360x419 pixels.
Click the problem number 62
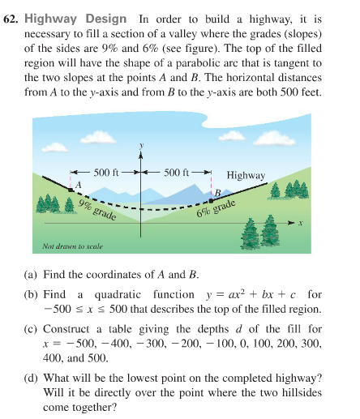14,18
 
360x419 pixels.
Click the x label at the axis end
300,223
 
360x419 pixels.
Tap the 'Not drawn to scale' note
71,244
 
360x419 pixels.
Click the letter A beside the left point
79,186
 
